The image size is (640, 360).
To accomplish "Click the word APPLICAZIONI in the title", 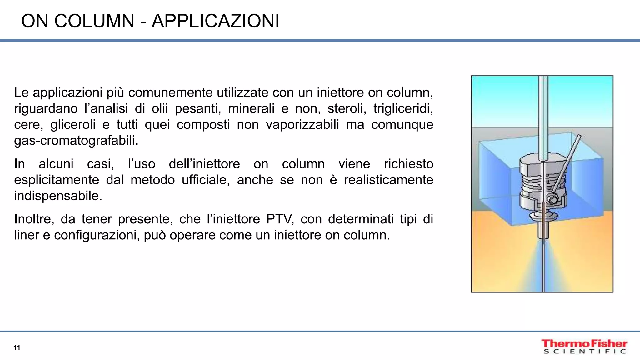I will click(215, 21).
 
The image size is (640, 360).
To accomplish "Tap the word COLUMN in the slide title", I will click(94, 21).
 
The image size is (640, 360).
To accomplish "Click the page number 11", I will click(17, 347).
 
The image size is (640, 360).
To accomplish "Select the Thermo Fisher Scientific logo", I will click(584, 347).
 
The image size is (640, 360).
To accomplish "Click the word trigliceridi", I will click(403, 108).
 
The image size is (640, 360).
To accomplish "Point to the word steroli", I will click(347, 108).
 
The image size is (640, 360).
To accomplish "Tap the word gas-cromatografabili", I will click(76, 141).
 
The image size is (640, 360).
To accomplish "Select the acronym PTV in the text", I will click(280, 219).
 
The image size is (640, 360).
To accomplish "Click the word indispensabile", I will click(58, 196).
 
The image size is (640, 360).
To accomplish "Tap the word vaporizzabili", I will click(302, 124).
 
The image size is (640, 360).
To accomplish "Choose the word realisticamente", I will click(388, 180).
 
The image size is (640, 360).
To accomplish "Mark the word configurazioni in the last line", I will click(97, 235).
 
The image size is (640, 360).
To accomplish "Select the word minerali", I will click(251, 108).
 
